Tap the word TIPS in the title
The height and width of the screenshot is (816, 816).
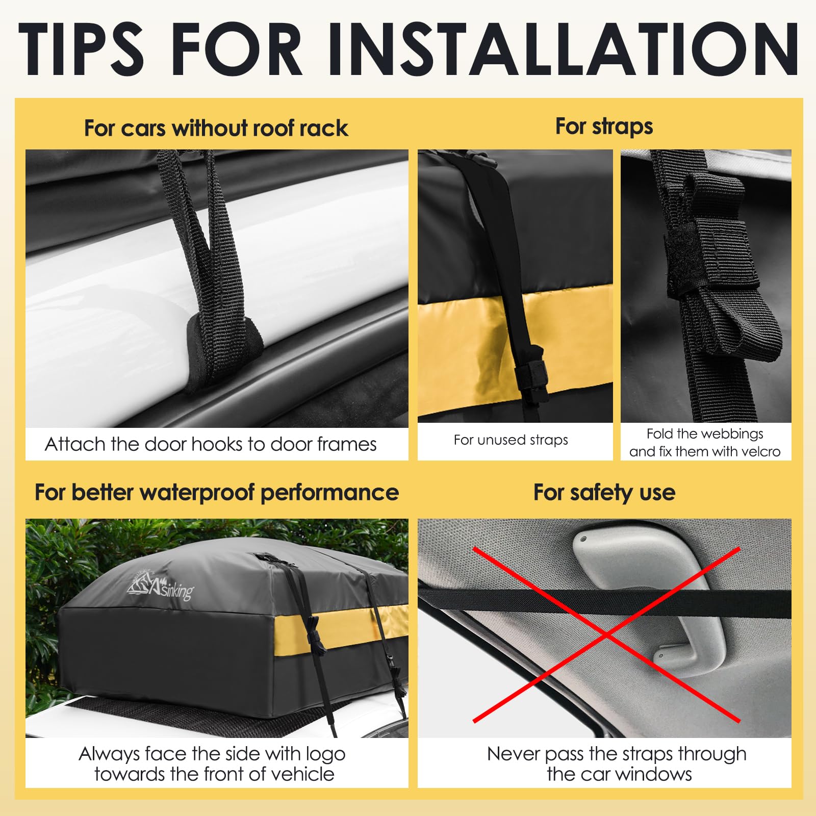pos(81,49)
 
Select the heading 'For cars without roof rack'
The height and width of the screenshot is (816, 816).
pos(216,128)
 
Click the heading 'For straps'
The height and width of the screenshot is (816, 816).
pos(604,126)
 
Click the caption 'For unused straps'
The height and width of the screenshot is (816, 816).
pos(511,440)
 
